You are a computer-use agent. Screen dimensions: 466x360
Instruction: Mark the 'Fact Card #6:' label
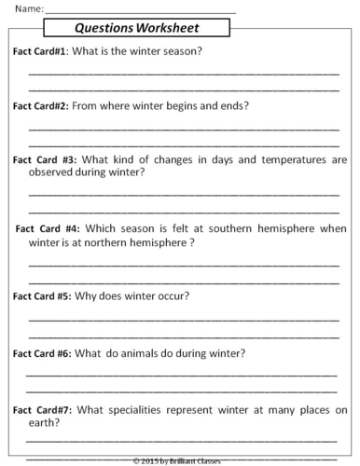coord(42,353)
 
